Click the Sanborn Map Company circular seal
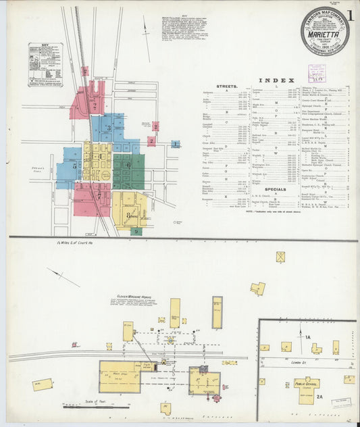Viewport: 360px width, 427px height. click(325, 30)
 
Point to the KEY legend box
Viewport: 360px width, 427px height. click(46, 65)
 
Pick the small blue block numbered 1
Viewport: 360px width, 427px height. click(176, 144)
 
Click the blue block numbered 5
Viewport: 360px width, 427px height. click(70, 166)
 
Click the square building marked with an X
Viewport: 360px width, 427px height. click(280, 257)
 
